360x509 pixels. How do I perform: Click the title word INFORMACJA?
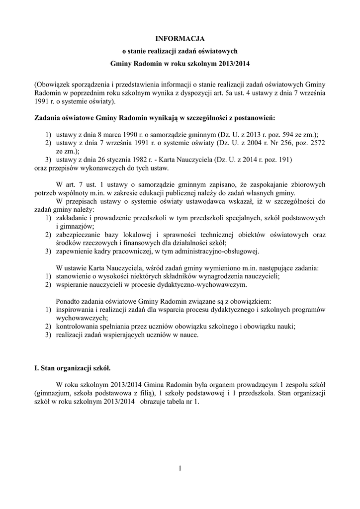click(180, 38)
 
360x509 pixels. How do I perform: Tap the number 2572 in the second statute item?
click(315, 143)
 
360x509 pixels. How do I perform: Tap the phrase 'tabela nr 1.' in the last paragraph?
click(181, 402)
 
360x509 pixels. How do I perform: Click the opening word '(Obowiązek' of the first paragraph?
click(52, 84)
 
